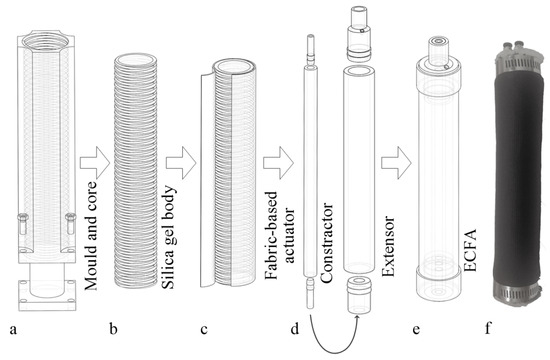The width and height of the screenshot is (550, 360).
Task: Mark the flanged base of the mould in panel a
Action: [x=49, y=289]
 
